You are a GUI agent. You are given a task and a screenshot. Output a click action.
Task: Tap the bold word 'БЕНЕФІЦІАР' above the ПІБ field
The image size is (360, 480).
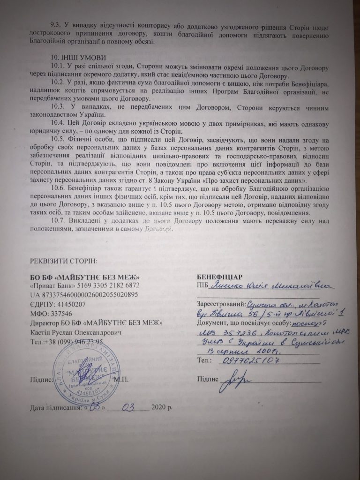(219, 276)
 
